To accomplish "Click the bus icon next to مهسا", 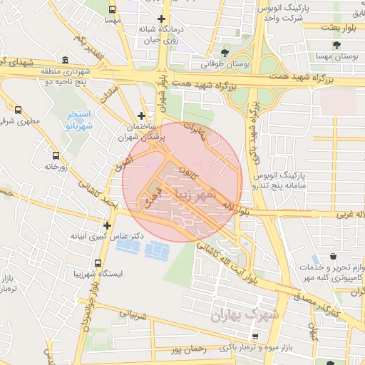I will pyautogui.click(x=113, y=10).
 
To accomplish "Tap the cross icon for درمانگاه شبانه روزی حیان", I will pyautogui.click(x=162, y=19).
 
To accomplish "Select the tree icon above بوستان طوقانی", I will pyautogui.click(x=225, y=52).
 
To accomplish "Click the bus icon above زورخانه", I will pyautogui.click(x=56, y=155).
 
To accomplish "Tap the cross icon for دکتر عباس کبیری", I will pyautogui.click(x=107, y=225).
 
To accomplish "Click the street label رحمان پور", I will pyautogui.click(x=189, y=349).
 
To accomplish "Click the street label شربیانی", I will pyautogui.click(x=132, y=312).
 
